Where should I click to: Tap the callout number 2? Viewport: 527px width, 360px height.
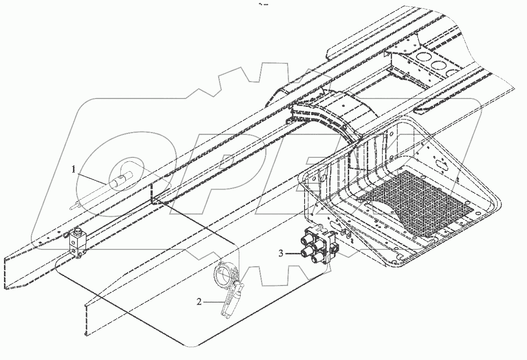[199, 302]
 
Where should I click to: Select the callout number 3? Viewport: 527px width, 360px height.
[281, 254]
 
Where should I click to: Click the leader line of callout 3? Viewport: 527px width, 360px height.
[292, 254]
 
